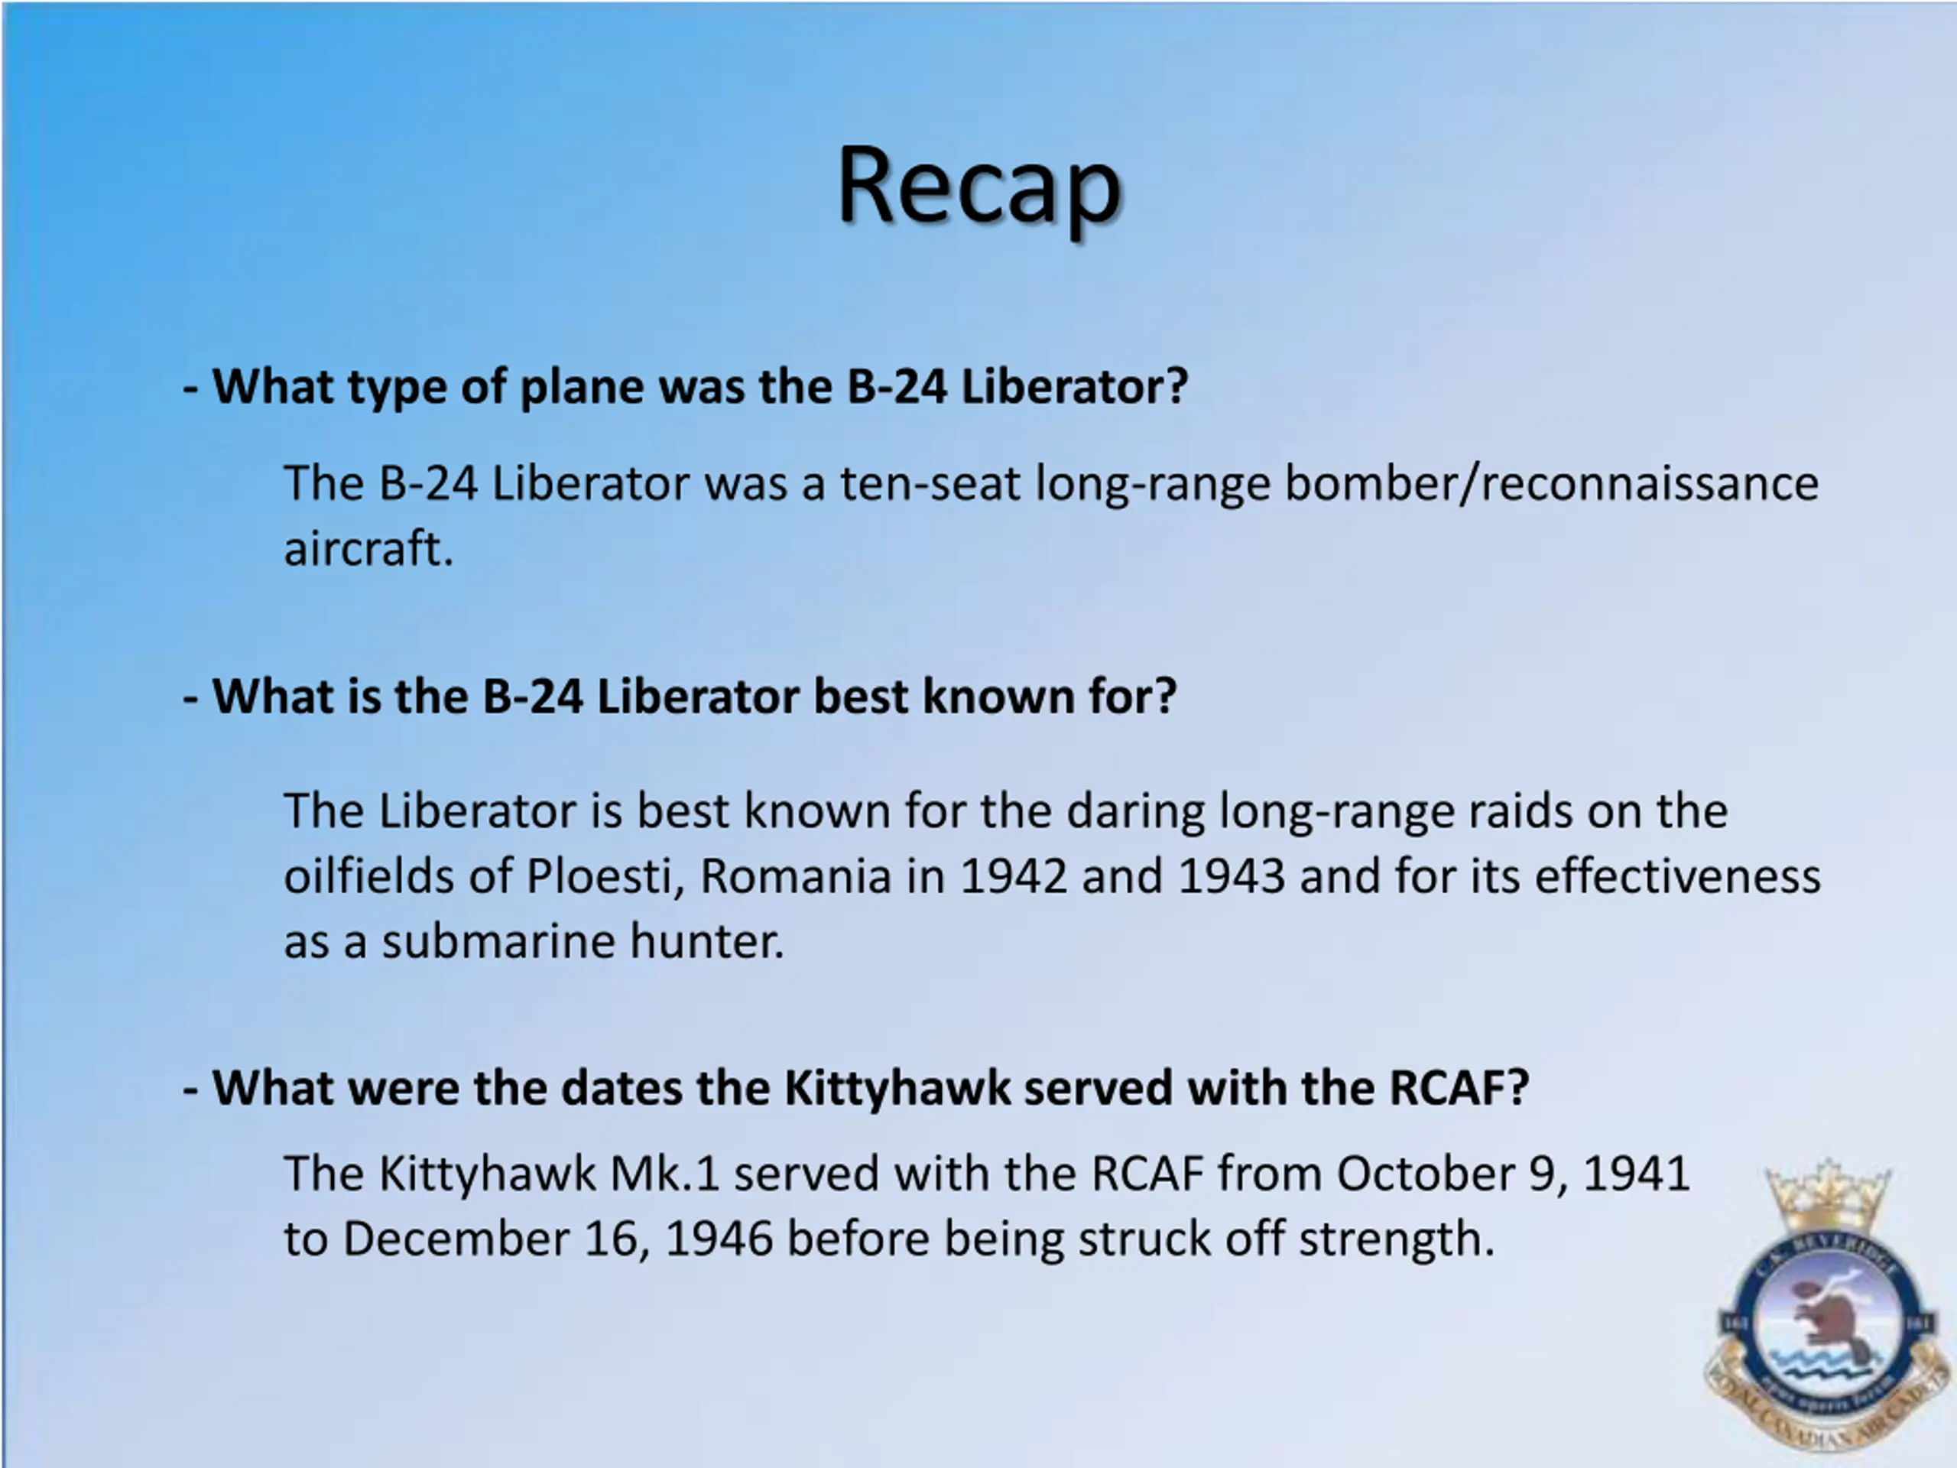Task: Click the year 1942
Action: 1013,876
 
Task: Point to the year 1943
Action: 1231,876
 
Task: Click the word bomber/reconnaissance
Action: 1551,483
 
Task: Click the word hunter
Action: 707,940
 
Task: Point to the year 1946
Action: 719,1238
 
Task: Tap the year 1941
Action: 1636,1174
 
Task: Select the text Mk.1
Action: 664,1174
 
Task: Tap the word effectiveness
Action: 1677,876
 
